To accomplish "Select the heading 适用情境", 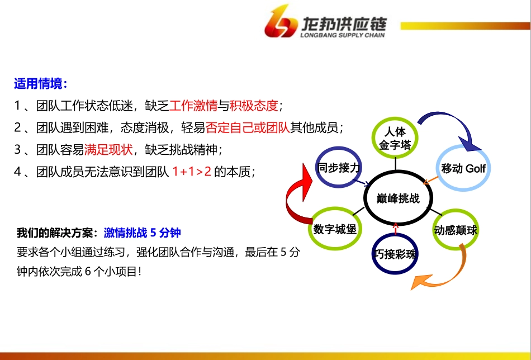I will pos(40,84).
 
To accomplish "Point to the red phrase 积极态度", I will pos(254,106).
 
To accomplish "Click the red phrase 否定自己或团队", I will pos(248,127).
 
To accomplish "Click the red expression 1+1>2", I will pos(192,172).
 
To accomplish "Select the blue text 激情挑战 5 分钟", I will pos(142,233).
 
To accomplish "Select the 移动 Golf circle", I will pos(463,168).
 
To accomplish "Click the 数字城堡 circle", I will pos(335,229).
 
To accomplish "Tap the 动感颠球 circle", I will pos(456,230).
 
